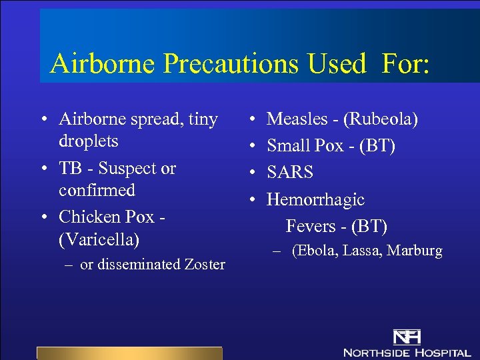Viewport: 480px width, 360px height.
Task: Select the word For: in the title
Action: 406,64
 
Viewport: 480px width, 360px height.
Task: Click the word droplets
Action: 89,141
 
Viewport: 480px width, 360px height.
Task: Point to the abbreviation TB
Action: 70,168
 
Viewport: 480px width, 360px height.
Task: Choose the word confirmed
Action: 97,190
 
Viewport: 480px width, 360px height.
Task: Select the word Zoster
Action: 203,265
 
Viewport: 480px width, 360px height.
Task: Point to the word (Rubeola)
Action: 381,119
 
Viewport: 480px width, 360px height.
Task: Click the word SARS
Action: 290,173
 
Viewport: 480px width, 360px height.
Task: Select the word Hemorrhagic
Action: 315,199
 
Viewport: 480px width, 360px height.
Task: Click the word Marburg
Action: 415,251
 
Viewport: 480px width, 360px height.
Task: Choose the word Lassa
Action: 361,251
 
